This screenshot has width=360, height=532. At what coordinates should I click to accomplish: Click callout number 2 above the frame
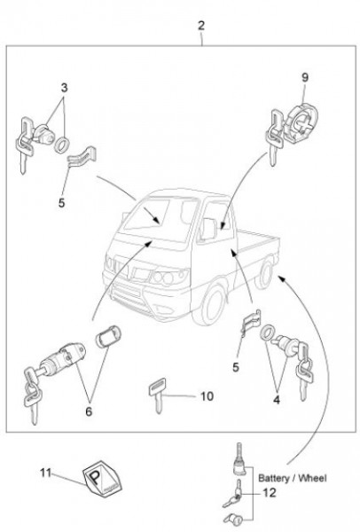201,26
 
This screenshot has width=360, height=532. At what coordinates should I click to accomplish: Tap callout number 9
305,77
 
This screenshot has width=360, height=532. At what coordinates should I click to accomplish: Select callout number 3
64,88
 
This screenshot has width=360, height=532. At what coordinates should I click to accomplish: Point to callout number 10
207,396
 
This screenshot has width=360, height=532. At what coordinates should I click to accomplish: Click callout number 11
45,473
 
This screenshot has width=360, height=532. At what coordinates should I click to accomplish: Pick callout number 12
270,493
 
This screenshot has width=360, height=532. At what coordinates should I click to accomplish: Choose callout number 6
89,411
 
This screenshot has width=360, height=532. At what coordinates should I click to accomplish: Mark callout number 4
277,400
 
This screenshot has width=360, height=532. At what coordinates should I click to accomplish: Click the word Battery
274,479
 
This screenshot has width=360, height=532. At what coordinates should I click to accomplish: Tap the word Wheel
314,478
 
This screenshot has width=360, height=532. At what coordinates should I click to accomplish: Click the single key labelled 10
156,395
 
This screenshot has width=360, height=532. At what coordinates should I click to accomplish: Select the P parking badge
102,479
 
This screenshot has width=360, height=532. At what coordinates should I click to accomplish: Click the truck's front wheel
211,302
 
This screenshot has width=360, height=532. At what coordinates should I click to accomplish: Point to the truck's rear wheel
265,273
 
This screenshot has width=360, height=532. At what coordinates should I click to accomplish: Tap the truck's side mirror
208,230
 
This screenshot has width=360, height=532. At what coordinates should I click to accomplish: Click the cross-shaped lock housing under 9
302,123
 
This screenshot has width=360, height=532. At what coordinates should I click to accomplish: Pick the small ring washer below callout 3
62,145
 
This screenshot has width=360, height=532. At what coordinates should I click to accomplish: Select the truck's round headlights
163,278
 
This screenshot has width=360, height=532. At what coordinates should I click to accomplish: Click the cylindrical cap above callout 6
108,336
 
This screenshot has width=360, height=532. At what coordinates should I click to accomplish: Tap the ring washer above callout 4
268,332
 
